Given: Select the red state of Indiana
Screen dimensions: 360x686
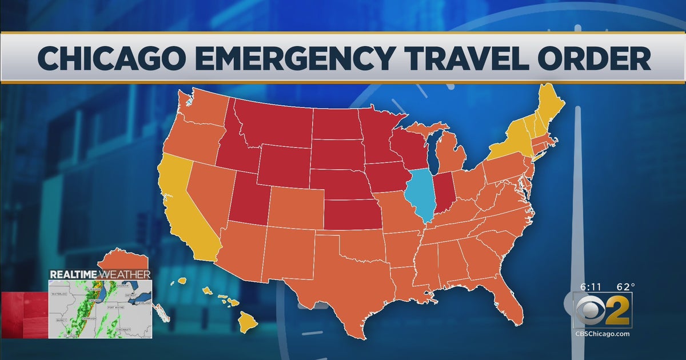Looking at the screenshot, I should pyautogui.click(x=444, y=194).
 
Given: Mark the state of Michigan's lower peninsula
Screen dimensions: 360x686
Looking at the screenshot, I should pyautogui.click(x=451, y=151).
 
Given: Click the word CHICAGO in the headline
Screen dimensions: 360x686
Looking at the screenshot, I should pyautogui.click(x=108, y=59).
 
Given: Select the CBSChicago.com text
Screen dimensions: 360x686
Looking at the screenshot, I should pyautogui.click(x=603, y=334).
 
